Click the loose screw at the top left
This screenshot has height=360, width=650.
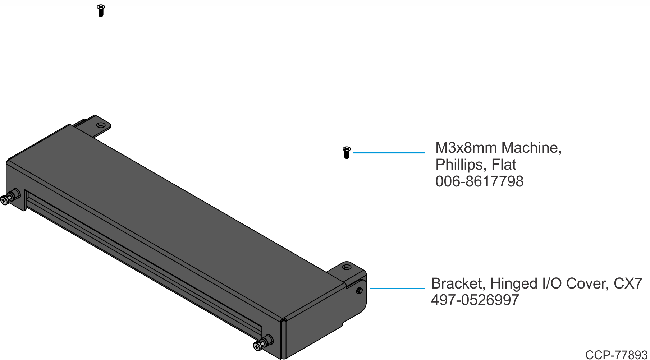[x=101, y=10]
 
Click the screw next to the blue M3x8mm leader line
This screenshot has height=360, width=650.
[x=347, y=152]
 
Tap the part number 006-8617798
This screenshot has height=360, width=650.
[x=479, y=181]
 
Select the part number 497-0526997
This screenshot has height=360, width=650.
[x=475, y=300]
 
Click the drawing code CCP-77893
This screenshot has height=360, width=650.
[x=616, y=355]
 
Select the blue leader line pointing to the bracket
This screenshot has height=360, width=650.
[x=397, y=288]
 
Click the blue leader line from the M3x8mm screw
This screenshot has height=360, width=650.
[x=388, y=153]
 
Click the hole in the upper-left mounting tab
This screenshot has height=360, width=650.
[x=101, y=126]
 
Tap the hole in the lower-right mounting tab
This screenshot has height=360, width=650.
[x=347, y=267]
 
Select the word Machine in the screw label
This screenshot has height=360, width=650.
[x=531, y=148]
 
